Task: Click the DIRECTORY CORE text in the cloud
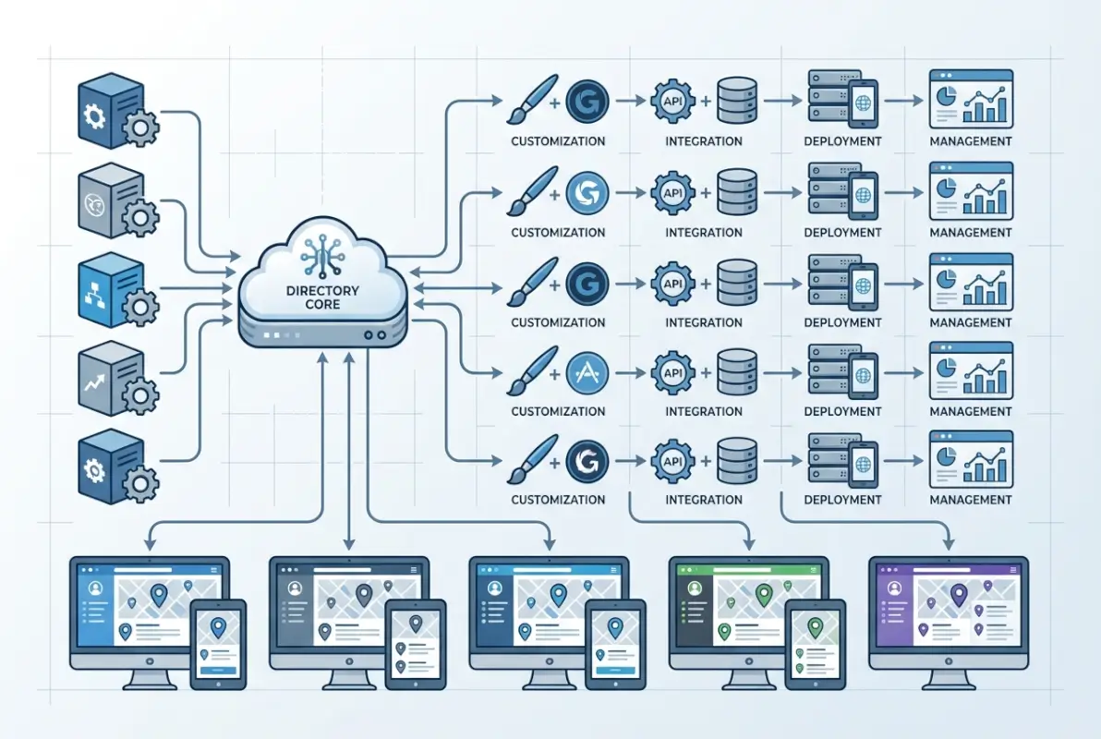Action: pyautogui.click(x=322, y=297)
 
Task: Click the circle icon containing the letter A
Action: pyautogui.click(x=583, y=374)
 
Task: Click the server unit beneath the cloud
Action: pyautogui.click(x=322, y=332)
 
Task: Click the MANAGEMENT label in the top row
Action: pyautogui.click(x=971, y=141)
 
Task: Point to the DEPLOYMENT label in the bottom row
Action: pyautogui.click(x=842, y=500)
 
